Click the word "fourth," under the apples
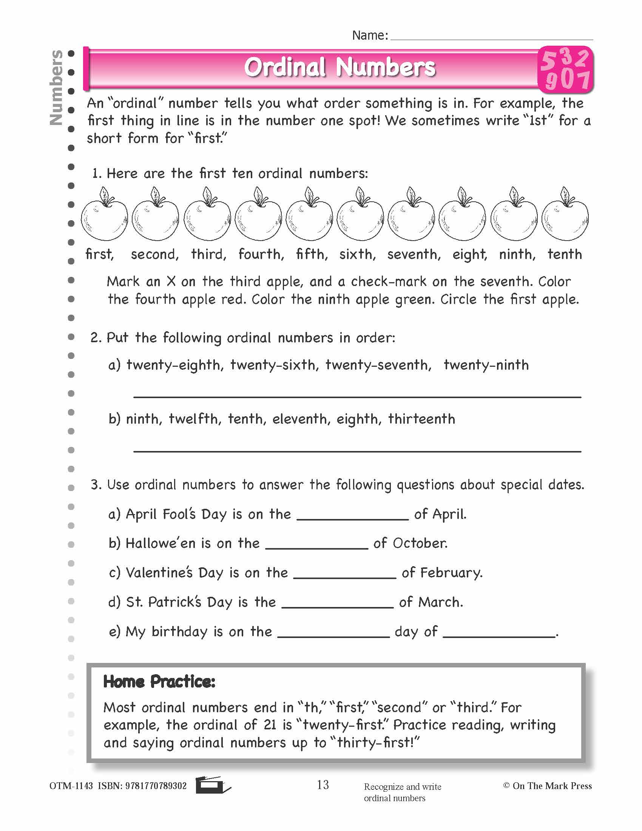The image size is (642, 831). click(261, 254)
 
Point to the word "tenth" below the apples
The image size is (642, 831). click(565, 254)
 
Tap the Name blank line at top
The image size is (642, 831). click(491, 37)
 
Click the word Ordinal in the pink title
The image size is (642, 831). click(285, 67)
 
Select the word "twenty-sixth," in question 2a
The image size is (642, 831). click(274, 365)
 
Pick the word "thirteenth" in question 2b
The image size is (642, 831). click(421, 419)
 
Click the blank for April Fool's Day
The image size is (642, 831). click(352, 518)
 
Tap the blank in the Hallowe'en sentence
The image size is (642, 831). click(316, 547)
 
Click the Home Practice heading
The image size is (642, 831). click(159, 681)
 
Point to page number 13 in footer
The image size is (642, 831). click(323, 785)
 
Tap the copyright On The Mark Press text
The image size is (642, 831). click(547, 786)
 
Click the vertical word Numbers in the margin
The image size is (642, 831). click(56, 88)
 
